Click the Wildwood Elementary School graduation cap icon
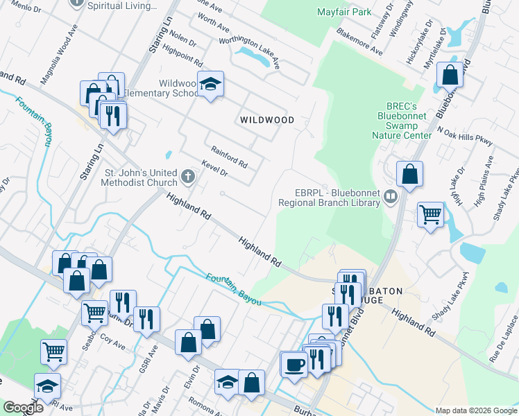[x=210, y=85]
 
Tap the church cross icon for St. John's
[x=187, y=177]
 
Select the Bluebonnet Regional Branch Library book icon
[x=390, y=198]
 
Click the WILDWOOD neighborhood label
[x=266, y=120]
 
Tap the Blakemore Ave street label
[x=359, y=42]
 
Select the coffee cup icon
[x=293, y=363]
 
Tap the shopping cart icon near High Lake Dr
[x=431, y=214]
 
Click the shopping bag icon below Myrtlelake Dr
[x=450, y=75]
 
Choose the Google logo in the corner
[x=23, y=408]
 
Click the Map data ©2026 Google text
[x=475, y=410]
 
